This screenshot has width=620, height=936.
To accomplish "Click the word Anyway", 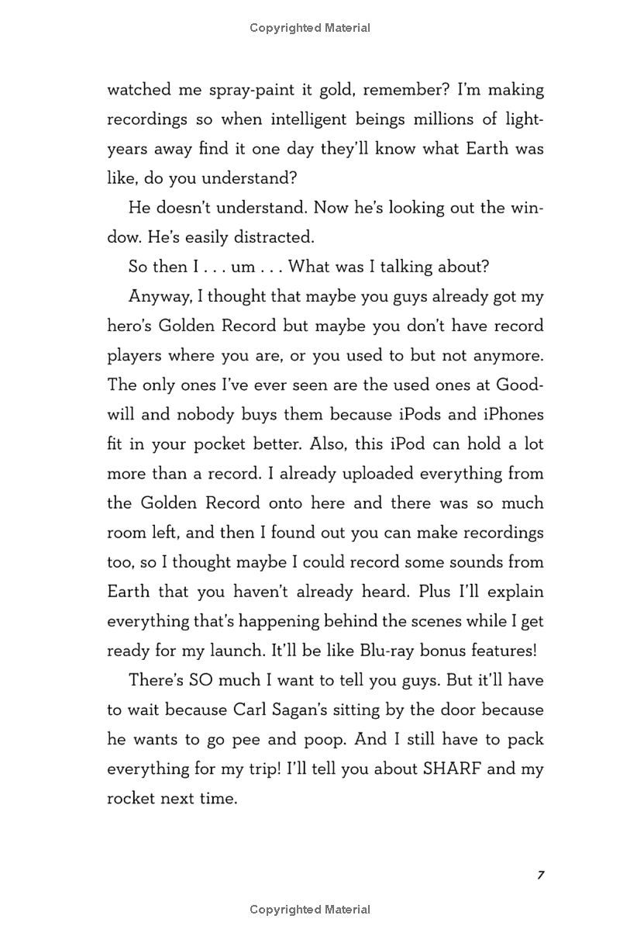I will (156, 296).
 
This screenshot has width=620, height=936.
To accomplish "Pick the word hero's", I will (133, 326).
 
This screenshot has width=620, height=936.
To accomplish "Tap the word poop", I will (320, 739).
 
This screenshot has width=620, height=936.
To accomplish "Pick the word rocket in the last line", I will (131, 798).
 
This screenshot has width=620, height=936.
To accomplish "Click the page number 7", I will (540, 875).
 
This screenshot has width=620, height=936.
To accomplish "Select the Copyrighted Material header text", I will (310, 28).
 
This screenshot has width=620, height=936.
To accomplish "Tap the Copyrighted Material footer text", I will (310, 910).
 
